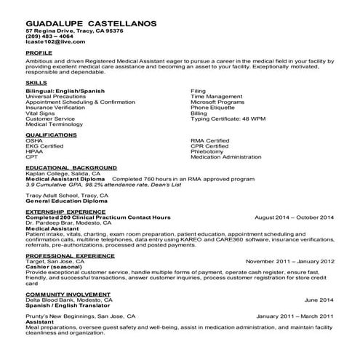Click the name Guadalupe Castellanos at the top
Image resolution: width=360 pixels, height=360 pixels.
[x=91, y=23]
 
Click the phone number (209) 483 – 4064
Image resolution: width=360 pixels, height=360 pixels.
[x=54, y=37]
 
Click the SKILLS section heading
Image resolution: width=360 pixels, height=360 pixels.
[x=36, y=83]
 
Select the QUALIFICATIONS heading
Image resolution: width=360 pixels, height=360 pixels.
[x=52, y=135]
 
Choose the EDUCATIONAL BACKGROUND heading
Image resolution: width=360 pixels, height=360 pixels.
[x=71, y=167]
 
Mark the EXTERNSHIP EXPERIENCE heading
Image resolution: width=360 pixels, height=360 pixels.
[x=66, y=212]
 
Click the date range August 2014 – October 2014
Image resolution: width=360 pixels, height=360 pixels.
[x=295, y=217]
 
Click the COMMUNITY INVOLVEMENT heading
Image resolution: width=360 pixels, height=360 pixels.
[x=68, y=294]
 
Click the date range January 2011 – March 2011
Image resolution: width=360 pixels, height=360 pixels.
[x=295, y=316]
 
